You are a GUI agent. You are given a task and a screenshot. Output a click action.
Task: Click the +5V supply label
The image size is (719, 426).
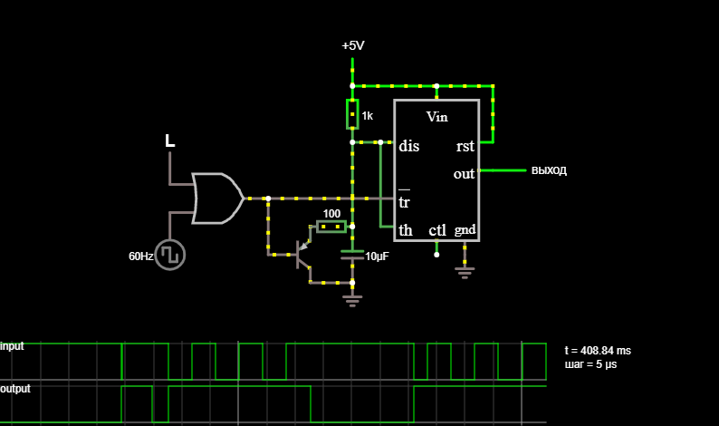click(353, 46)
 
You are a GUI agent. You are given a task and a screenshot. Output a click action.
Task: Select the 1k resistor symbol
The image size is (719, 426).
click(352, 114)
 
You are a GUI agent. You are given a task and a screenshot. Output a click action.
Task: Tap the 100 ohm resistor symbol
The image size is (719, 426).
click(331, 227)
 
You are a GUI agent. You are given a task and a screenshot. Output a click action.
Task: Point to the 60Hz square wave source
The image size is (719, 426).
click(170, 256)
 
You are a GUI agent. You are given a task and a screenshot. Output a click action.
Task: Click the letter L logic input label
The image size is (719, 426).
click(169, 140)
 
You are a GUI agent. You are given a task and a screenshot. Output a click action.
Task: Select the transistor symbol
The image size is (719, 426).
click(302, 254)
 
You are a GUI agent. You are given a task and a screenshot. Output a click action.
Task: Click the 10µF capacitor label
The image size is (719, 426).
click(377, 257)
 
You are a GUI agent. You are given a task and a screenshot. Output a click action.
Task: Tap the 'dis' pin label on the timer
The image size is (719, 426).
click(409, 146)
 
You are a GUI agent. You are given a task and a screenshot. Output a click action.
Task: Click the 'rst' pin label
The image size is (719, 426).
click(465, 147)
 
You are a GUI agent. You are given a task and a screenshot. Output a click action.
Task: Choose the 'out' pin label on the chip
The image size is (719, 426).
click(464, 174)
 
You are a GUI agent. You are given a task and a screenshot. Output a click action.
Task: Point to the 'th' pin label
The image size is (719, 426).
click(406, 230)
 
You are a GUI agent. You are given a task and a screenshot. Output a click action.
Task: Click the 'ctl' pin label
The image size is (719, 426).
click(437, 230)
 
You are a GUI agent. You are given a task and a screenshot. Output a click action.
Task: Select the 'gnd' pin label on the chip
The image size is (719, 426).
click(465, 229)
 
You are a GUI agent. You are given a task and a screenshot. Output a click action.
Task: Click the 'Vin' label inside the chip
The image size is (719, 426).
click(437, 117)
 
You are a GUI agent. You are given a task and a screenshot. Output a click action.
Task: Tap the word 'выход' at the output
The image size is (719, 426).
click(549, 170)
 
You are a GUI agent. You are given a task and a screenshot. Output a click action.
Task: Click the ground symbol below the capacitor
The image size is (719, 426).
click(352, 301)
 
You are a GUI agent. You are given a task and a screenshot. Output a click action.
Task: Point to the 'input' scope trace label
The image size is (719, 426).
click(12, 346)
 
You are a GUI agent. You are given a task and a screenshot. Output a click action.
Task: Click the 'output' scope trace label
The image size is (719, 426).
click(15, 389)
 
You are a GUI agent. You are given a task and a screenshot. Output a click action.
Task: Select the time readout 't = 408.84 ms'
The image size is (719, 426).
click(598, 351)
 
